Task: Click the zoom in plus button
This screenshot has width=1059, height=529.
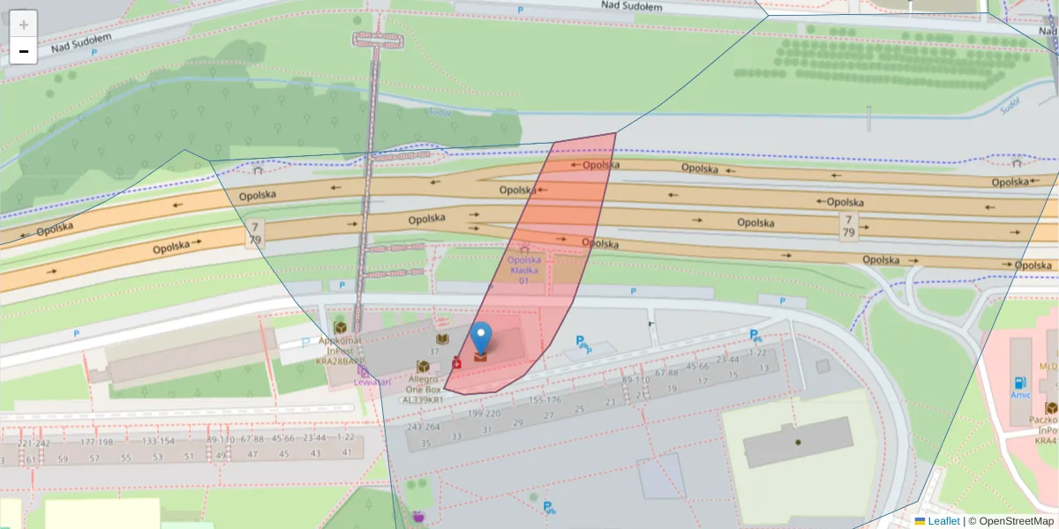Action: (x=23, y=24)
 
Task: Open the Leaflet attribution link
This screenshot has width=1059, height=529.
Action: (x=943, y=521)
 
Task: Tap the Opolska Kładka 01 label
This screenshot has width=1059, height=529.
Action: (x=524, y=270)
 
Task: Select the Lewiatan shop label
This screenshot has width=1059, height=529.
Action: (x=372, y=381)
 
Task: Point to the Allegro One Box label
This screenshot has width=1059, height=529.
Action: (x=424, y=388)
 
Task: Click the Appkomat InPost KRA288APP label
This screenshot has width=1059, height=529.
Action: (x=341, y=349)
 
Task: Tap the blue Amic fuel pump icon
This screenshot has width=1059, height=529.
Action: (x=1020, y=384)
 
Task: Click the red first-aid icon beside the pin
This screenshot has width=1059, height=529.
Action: (x=456, y=362)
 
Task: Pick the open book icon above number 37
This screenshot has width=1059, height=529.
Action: (x=441, y=339)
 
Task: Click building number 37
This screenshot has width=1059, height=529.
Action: (x=434, y=351)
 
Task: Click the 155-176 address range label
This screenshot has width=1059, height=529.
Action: (x=545, y=399)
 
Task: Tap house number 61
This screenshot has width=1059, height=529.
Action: (x=30, y=459)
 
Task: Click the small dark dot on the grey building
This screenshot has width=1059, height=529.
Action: (x=797, y=442)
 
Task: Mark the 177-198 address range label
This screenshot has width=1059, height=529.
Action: (x=96, y=442)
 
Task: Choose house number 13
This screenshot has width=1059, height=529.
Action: (x=764, y=368)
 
